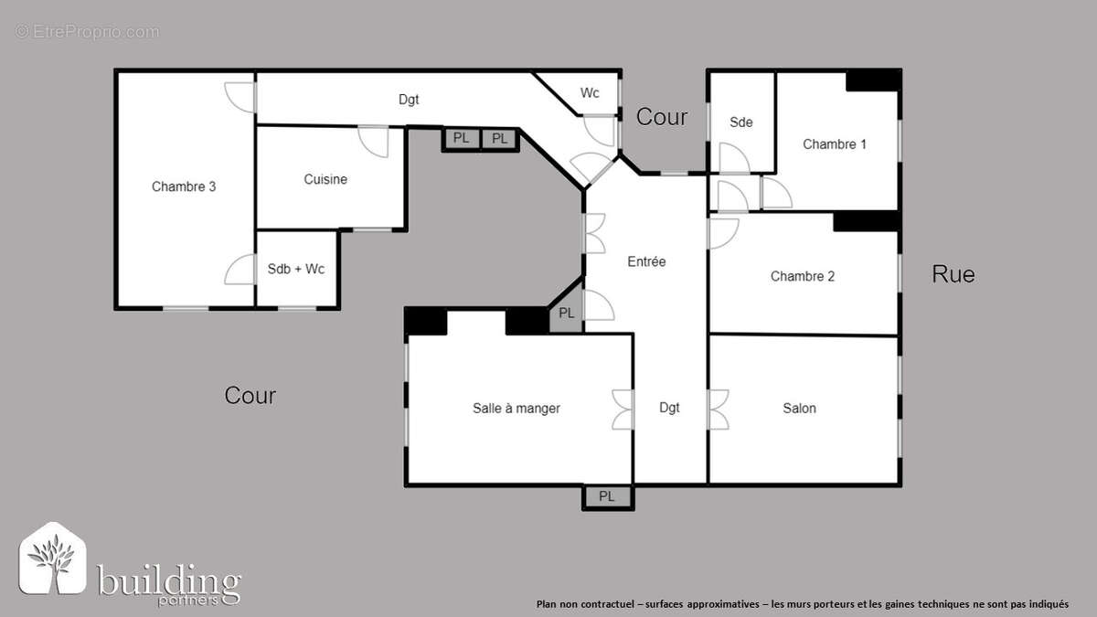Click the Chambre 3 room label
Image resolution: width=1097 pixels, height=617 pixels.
coord(184,186)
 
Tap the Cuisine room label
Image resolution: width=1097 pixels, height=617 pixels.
coord(325,179)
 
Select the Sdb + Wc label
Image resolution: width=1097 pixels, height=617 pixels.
coord(296,269)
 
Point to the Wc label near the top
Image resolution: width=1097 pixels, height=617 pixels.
coord(590,93)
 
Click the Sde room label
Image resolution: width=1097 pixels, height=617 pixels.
coord(740,122)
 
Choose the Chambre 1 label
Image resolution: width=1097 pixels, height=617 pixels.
coord(835,144)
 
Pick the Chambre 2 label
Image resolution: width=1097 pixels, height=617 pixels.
coord(803,276)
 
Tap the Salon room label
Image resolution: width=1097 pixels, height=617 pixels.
coord(799,408)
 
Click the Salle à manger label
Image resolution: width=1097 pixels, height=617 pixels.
coord(517,408)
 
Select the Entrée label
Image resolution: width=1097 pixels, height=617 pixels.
coord(646,261)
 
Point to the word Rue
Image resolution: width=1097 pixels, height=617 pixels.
coord(953,273)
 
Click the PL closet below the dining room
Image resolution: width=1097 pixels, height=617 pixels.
coord(607,496)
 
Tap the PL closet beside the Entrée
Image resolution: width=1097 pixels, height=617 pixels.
coord(567,313)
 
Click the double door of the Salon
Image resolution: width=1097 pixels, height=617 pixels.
coord(718,409)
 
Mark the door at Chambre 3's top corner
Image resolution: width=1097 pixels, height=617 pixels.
coord(240,96)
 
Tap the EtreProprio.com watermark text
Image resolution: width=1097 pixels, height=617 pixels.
coord(87,32)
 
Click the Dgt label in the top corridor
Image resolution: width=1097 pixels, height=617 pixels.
coord(409,99)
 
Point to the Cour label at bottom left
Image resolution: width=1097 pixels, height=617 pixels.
coord(250,396)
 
